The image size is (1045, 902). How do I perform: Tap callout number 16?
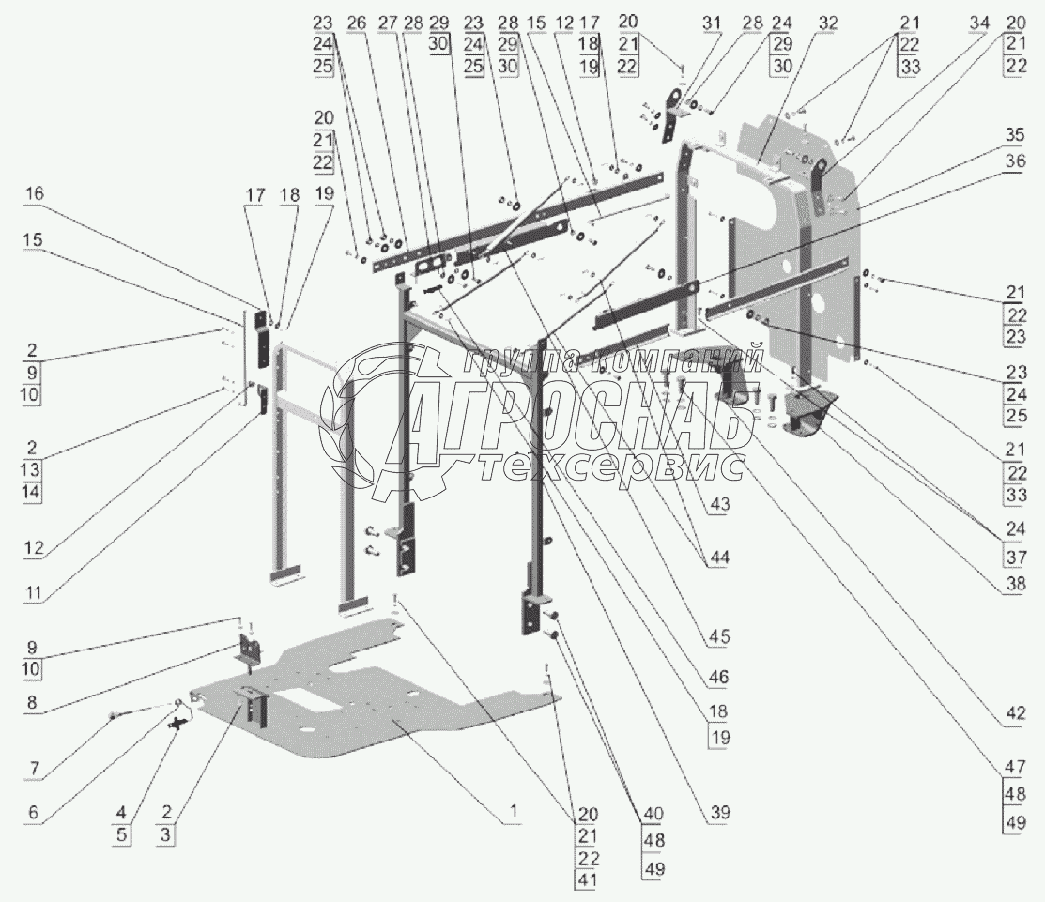click(x=34, y=193)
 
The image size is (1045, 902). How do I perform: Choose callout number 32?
click(x=802, y=22)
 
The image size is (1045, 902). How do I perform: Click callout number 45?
click(x=718, y=636)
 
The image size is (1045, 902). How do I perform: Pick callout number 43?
click(x=718, y=503)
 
